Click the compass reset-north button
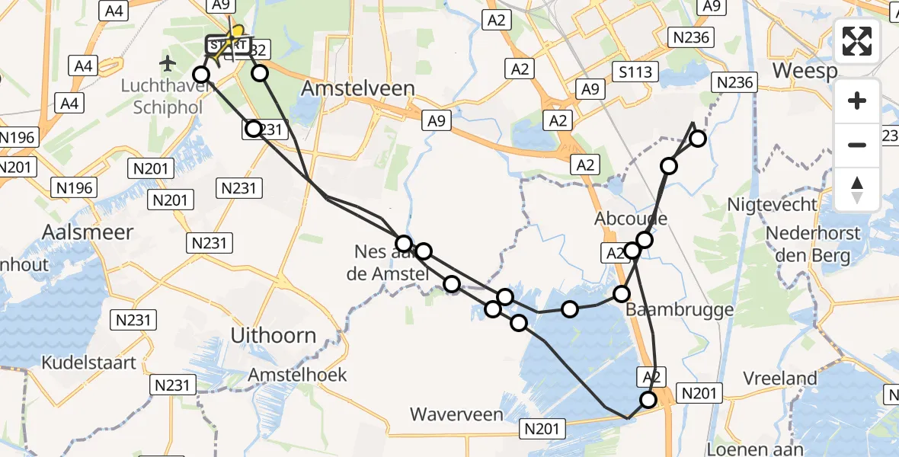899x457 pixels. (857, 188)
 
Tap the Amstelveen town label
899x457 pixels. (358, 88)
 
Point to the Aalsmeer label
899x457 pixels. (88, 232)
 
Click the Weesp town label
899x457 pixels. (805, 71)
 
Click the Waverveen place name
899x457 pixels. (456, 414)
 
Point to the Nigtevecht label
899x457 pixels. (773, 204)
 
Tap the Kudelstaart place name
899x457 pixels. (89, 362)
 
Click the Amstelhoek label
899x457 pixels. (298, 374)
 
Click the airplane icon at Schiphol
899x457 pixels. (168, 61)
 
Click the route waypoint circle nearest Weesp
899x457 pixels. (697, 138)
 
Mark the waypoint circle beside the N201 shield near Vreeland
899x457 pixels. (648, 400)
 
